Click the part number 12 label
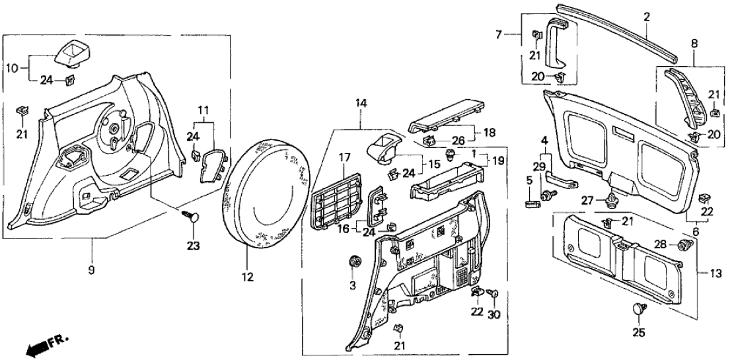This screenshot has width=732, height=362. click(246, 279)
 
